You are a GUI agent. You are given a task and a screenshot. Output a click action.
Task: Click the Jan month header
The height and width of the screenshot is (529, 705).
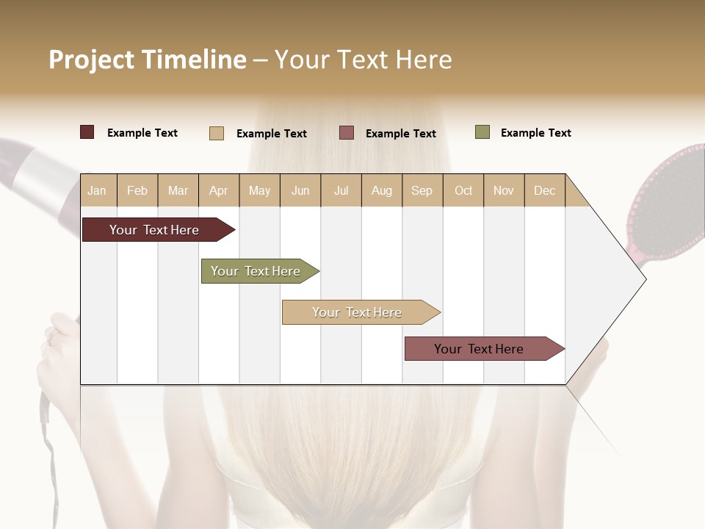pyautogui.click(x=97, y=190)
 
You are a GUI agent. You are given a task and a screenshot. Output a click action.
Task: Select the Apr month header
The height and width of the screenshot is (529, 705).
pyautogui.click(x=218, y=190)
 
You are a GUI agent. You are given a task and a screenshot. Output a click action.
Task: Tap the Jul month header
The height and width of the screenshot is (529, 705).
pyautogui.click(x=341, y=190)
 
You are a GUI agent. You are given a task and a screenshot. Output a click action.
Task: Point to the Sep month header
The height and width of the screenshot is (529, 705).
pyautogui.click(x=422, y=190)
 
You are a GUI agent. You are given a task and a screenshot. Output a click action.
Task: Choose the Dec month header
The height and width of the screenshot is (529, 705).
pyautogui.click(x=544, y=190)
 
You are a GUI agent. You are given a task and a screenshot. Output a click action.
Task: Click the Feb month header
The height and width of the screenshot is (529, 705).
pyautogui.click(x=137, y=190)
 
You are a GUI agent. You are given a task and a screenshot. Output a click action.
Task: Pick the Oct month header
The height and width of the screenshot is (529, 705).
pyautogui.click(x=463, y=190)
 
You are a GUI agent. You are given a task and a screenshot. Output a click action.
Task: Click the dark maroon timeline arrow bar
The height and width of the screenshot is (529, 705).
pyautogui.click(x=154, y=230)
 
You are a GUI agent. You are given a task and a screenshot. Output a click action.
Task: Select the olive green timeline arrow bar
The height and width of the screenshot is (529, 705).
pyautogui.click(x=256, y=271)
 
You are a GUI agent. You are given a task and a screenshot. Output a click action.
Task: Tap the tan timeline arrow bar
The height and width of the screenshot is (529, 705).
pyautogui.click(x=357, y=312)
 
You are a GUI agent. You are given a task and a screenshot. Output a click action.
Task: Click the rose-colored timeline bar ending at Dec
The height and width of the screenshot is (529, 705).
pyautogui.click(x=479, y=349)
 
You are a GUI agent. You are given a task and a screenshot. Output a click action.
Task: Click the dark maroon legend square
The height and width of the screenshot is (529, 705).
pyautogui.click(x=87, y=132)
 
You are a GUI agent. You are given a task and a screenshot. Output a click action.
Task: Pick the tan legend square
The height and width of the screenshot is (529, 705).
pyautogui.click(x=216, y=133)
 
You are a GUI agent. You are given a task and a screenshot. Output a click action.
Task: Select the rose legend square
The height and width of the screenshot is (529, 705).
pyautogui.click(x=347, y=132)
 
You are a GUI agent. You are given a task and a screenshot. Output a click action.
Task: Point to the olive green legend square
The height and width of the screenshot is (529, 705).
pyautogui.click(x=482, y=132)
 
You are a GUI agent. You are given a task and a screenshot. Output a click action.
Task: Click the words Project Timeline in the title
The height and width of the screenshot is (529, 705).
pyautogui.click(x=148, y=60)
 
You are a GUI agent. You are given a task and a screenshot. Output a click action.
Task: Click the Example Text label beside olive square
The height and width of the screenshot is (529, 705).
pyautogui.click(x=535, y=133)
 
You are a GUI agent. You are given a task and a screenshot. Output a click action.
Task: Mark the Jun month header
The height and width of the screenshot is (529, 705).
pyautogui.click(x=300, y=190)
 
